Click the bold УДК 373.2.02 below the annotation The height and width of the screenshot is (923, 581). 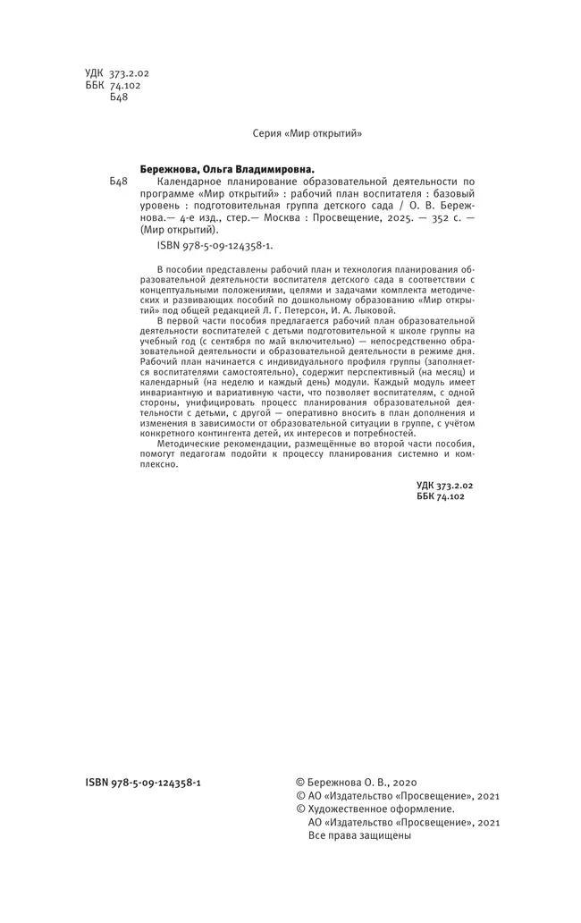click(444, 484)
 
